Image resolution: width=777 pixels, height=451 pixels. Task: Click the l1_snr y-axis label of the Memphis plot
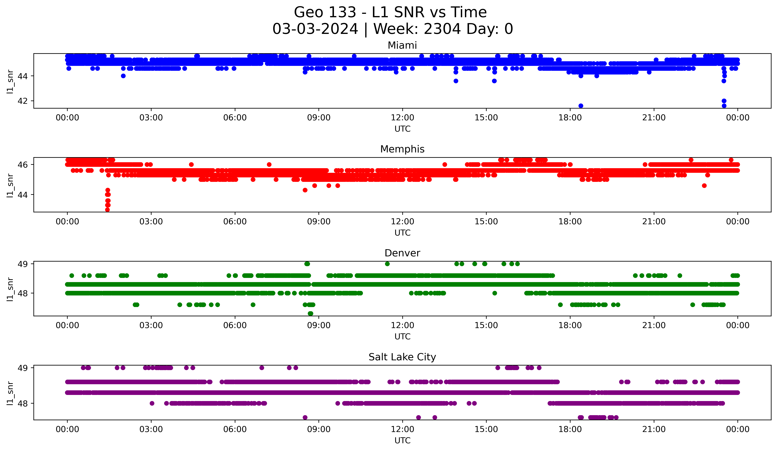[x=10, y=185]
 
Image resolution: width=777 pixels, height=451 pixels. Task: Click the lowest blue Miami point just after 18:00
[x=581, y=106]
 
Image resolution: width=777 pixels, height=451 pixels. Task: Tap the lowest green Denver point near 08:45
[x=310, y=313]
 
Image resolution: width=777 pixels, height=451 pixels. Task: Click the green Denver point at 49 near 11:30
[x=387, y=264]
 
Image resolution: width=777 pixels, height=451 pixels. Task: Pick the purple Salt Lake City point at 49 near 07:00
[x=262, y=368]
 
